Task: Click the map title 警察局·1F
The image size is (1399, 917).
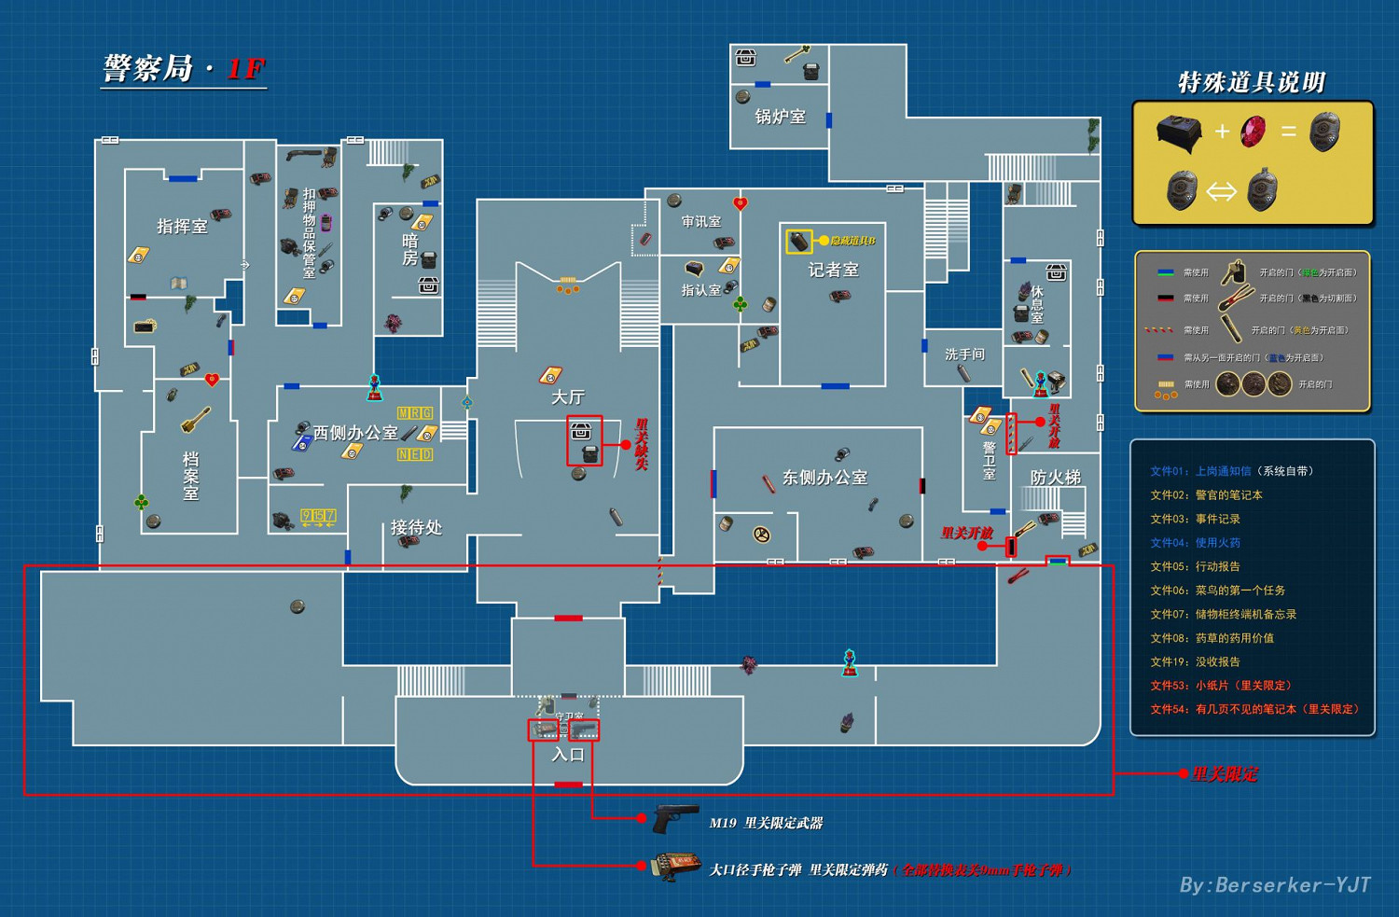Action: [184, 69]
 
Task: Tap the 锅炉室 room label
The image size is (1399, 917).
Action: [780, 117]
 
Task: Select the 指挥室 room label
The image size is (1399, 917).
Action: [182, 226]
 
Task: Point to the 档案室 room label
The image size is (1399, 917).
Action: [191, 476]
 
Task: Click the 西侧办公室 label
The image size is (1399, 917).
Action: [355, 433]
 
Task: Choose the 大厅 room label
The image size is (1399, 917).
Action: [568, 397]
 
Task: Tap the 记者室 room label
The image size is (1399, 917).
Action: [833, 271]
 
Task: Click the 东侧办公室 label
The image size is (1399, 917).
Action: [824, 478]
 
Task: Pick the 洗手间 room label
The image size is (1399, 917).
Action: [964, 354]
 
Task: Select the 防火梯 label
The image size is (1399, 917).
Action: [1055, 478]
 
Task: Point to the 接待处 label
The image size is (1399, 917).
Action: [416, 527]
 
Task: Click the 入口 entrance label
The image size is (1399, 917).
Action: [568, 754]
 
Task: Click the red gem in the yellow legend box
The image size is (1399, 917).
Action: [1254, 132]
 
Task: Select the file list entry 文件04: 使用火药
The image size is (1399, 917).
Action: [1195, 543]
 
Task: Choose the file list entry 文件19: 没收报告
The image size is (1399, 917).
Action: [1195, 662]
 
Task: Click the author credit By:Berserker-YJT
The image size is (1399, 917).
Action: [1275, 884]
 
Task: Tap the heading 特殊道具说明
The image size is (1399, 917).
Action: [1251, 83]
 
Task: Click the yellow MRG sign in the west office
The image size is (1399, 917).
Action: [415, 412]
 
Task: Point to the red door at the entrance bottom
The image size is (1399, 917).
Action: [568, 785]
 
